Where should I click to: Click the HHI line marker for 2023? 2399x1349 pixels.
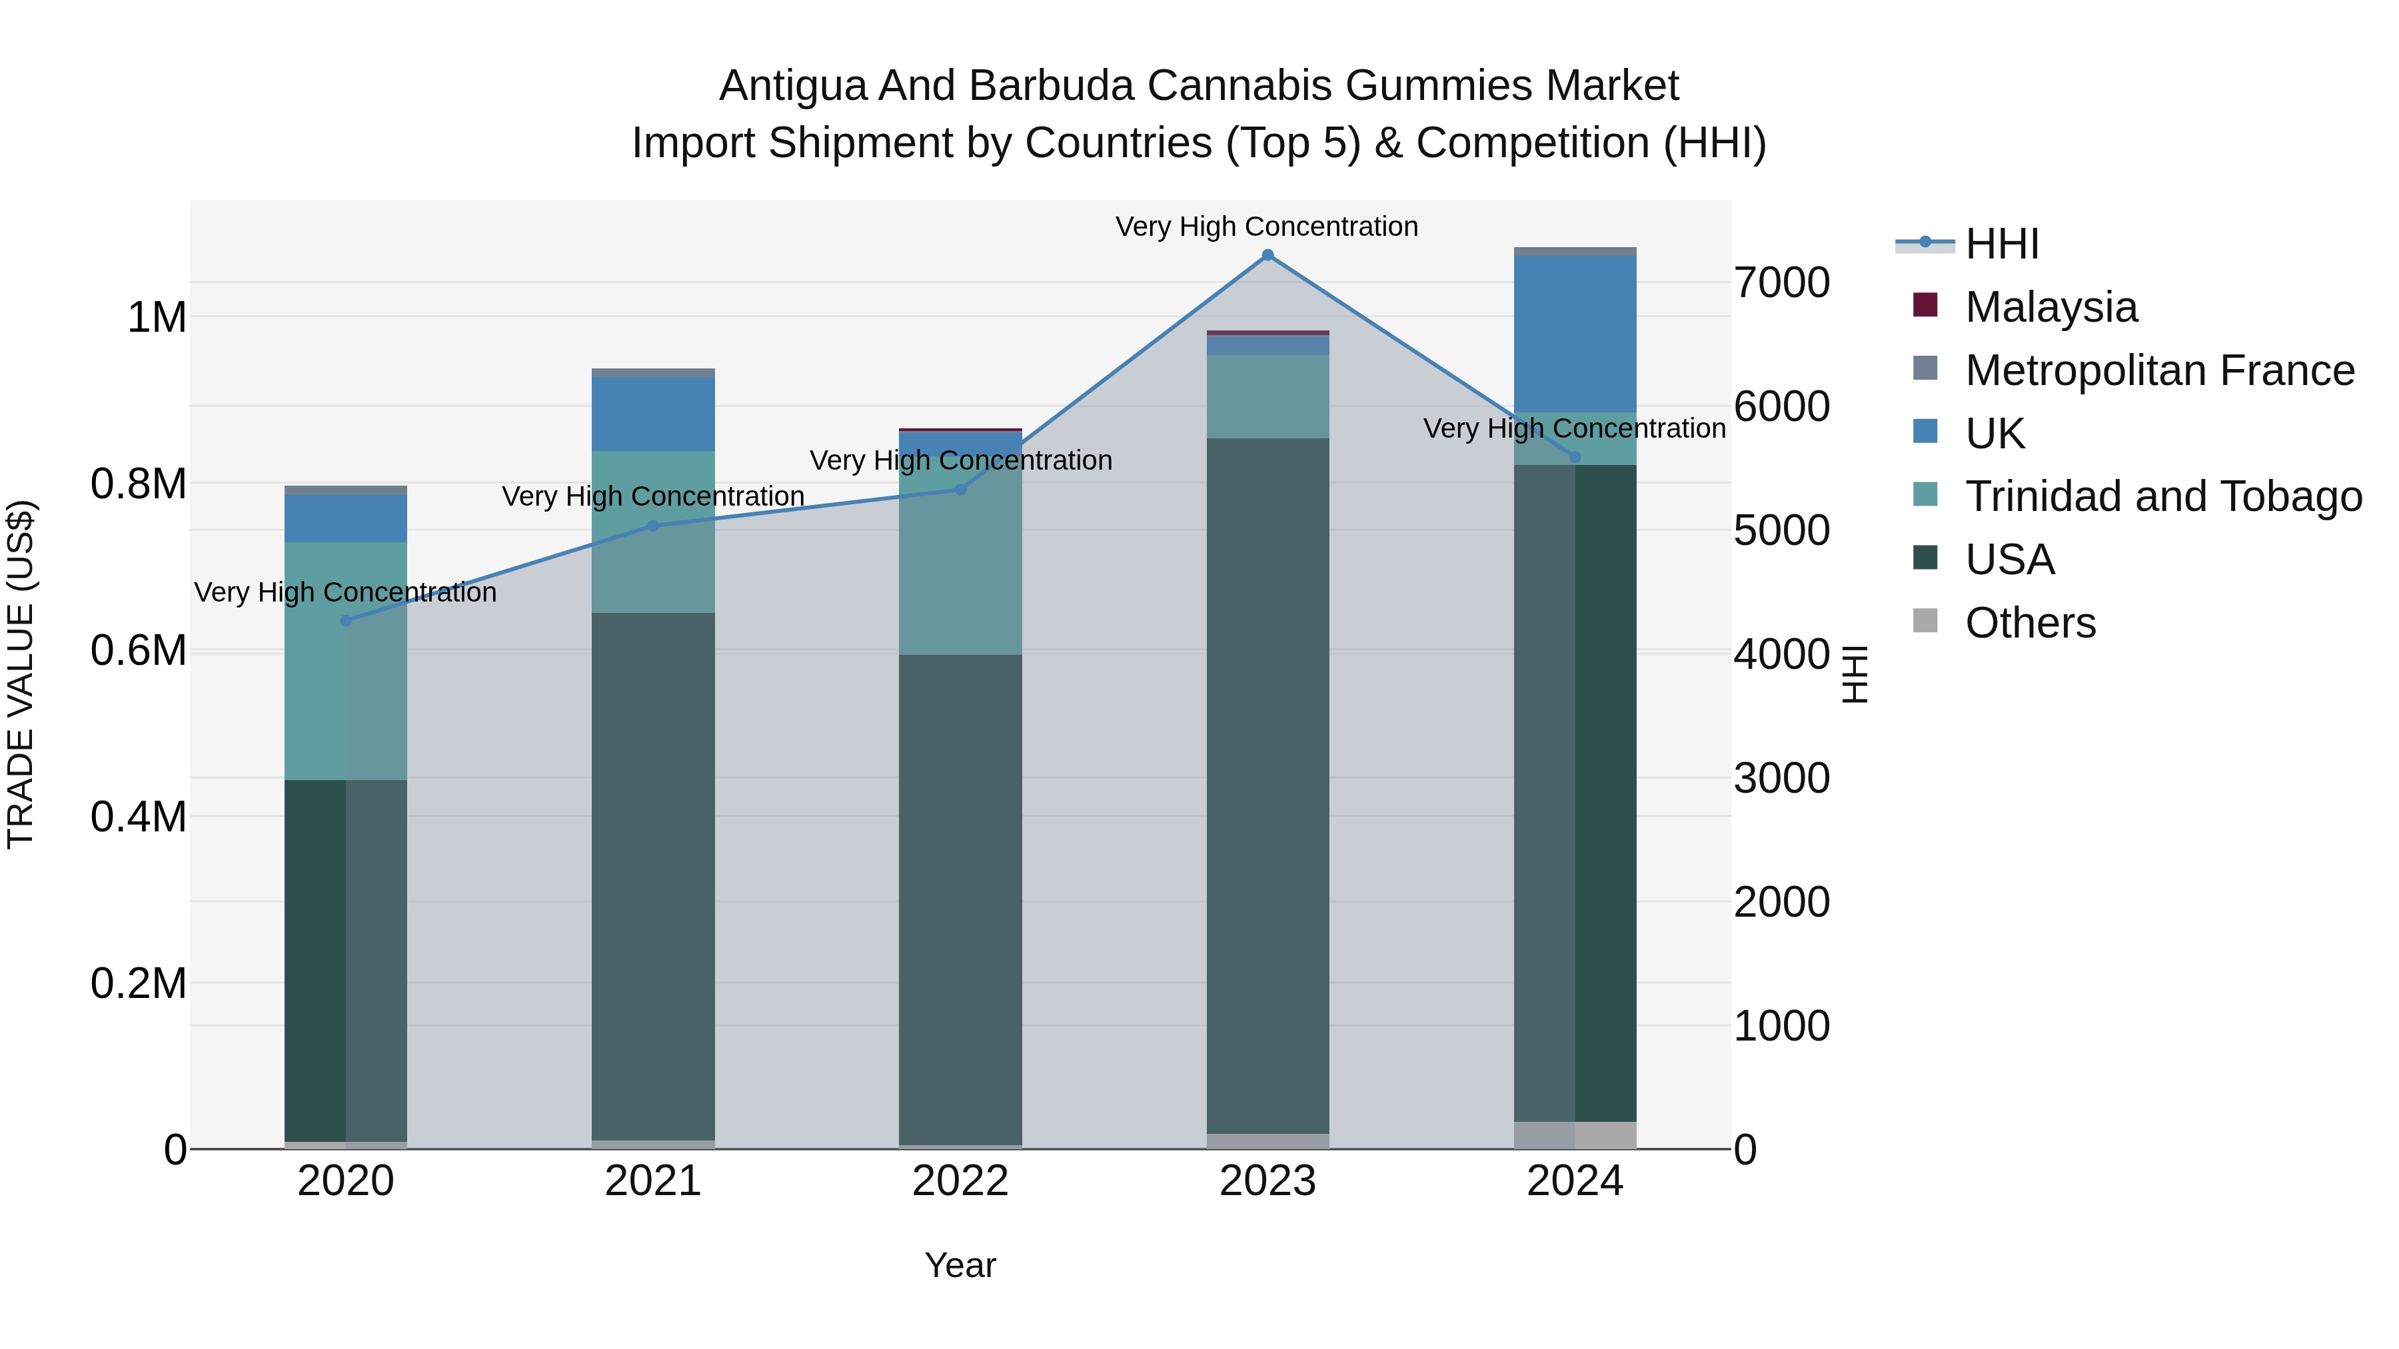point(1267,255)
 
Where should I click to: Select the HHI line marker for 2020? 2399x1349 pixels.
point(345,621)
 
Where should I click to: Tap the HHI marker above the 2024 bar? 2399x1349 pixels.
point(1575,457)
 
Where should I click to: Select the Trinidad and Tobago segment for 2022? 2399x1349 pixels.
point(960,568)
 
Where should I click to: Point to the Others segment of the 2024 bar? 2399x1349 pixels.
point(1575,1135)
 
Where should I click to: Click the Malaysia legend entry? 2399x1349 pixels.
point(2050,307)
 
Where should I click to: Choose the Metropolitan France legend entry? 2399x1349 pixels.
point(2158,370)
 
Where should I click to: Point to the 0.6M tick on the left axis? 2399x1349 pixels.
point(139,651)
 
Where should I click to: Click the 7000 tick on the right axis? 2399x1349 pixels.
point(1781,283)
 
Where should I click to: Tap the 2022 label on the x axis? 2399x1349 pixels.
point(960,1181)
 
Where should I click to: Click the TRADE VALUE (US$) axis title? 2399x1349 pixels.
point(21,674)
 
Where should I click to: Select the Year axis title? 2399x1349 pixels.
point(960,1265)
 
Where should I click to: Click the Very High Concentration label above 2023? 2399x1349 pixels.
point(1267,226)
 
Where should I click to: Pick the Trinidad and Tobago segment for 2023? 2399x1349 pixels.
point(1267,396)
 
